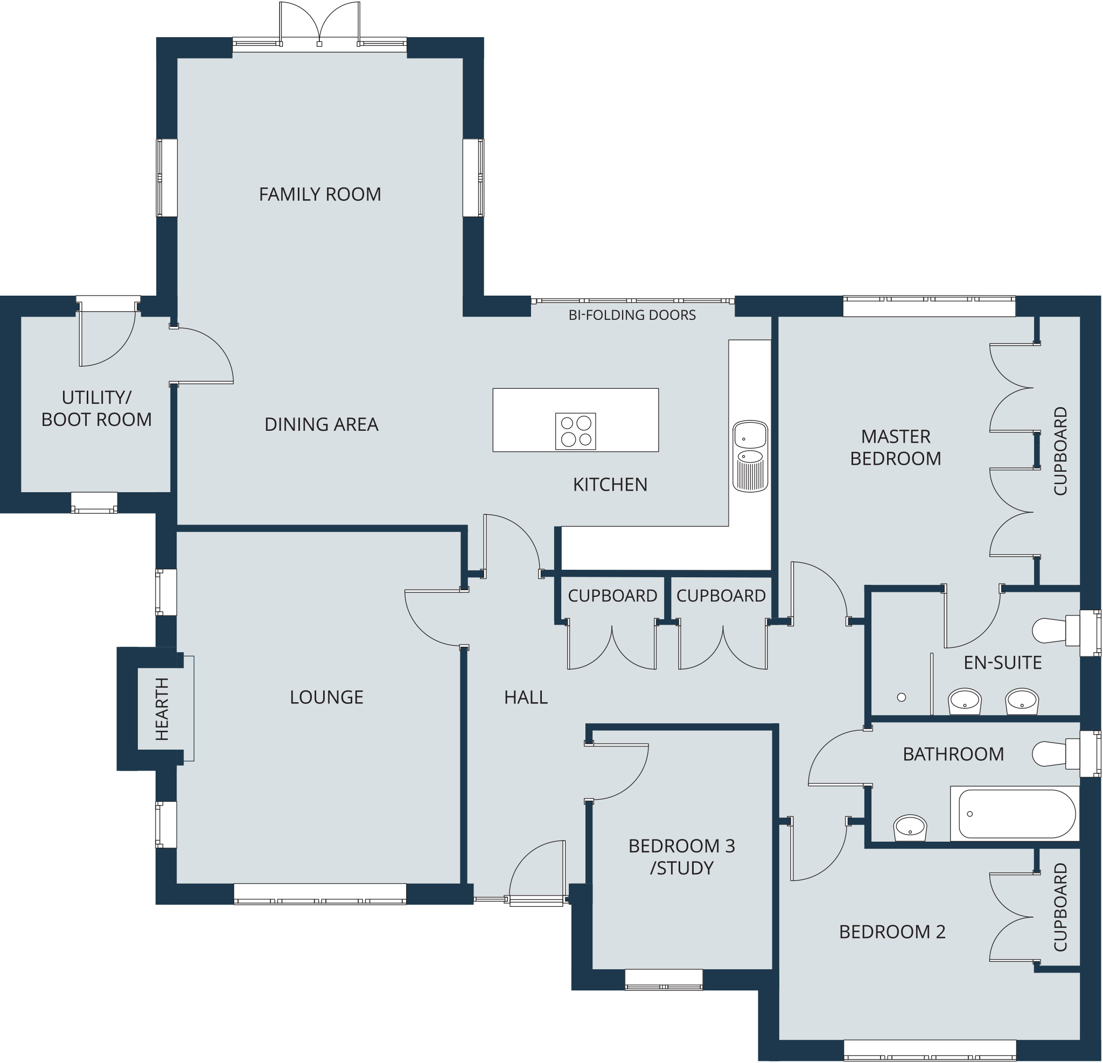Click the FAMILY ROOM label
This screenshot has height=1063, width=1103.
click(320, 195)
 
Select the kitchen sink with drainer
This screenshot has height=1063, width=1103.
click(750, 456)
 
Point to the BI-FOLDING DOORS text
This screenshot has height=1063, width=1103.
click(632, 315)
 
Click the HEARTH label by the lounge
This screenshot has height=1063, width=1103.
click(162, 709)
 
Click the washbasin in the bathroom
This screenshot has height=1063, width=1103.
click(910, 828)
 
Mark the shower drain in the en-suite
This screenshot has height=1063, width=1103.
click(902, 697)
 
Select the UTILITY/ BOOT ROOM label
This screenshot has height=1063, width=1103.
click(97, 409)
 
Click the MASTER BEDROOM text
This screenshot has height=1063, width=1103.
click(895, 448)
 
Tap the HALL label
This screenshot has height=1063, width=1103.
click(526, 698)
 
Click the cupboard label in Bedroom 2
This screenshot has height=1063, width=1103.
click(1060, 907)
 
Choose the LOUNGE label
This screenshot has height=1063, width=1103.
click(326, 698)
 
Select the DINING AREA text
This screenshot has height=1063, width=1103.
click(322, 425)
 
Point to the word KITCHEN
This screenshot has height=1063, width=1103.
click(610, 485)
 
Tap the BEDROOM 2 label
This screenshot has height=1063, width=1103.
click(892, 933)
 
